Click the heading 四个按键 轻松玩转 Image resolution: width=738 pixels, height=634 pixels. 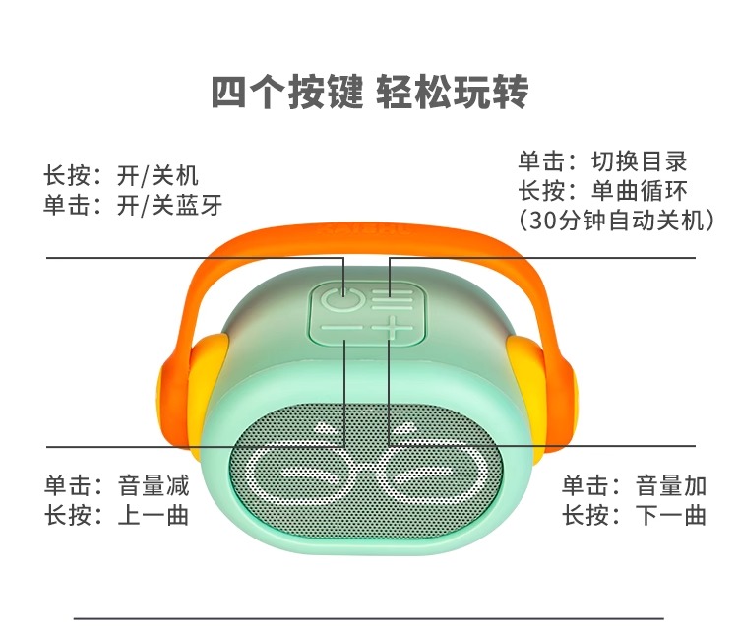coord(369,92)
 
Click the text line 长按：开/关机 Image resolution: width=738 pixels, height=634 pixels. coord(121,175)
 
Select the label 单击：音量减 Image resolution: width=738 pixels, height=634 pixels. coord(116,485)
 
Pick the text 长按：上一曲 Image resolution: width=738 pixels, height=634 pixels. coord(116,515)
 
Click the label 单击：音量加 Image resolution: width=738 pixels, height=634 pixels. coord(634,485)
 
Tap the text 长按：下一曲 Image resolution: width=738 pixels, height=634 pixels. coord(634,515)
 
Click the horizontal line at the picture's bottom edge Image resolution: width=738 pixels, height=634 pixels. coord(369,618)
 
